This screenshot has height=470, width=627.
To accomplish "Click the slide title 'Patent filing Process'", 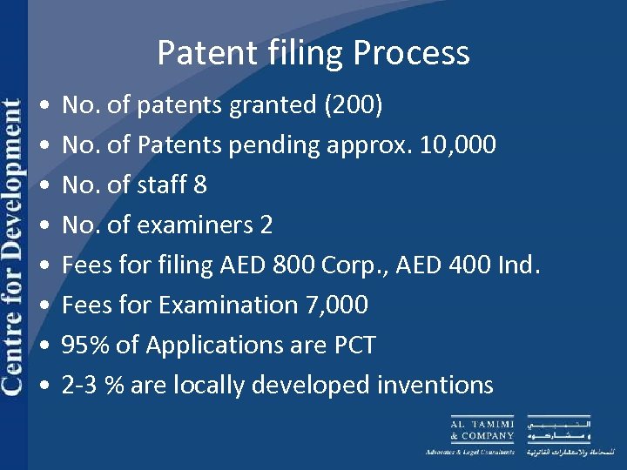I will pos(313,54).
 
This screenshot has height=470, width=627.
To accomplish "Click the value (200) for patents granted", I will pos(353,106).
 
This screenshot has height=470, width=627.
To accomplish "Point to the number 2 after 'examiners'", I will pos(266,225).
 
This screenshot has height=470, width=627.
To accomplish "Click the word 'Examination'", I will pos(222,305).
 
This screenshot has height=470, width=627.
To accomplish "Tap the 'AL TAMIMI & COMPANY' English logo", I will pos(481,430).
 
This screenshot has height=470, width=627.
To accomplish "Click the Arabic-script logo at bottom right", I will pos(558,430).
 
